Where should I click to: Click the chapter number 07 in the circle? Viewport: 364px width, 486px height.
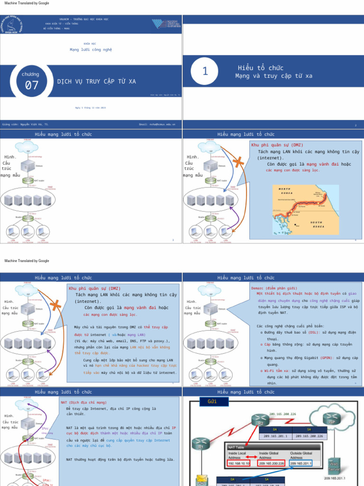(x=32, y=85)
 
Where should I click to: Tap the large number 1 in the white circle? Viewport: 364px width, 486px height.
(x=205, y=71)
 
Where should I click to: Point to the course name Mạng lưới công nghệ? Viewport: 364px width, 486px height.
(x=91, y=49)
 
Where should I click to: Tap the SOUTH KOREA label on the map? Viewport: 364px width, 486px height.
(x=317, y=224)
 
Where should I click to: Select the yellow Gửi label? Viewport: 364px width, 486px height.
(x=212, y=402)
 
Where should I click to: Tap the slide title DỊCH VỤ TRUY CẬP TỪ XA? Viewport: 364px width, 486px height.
(x=96, y=82)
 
